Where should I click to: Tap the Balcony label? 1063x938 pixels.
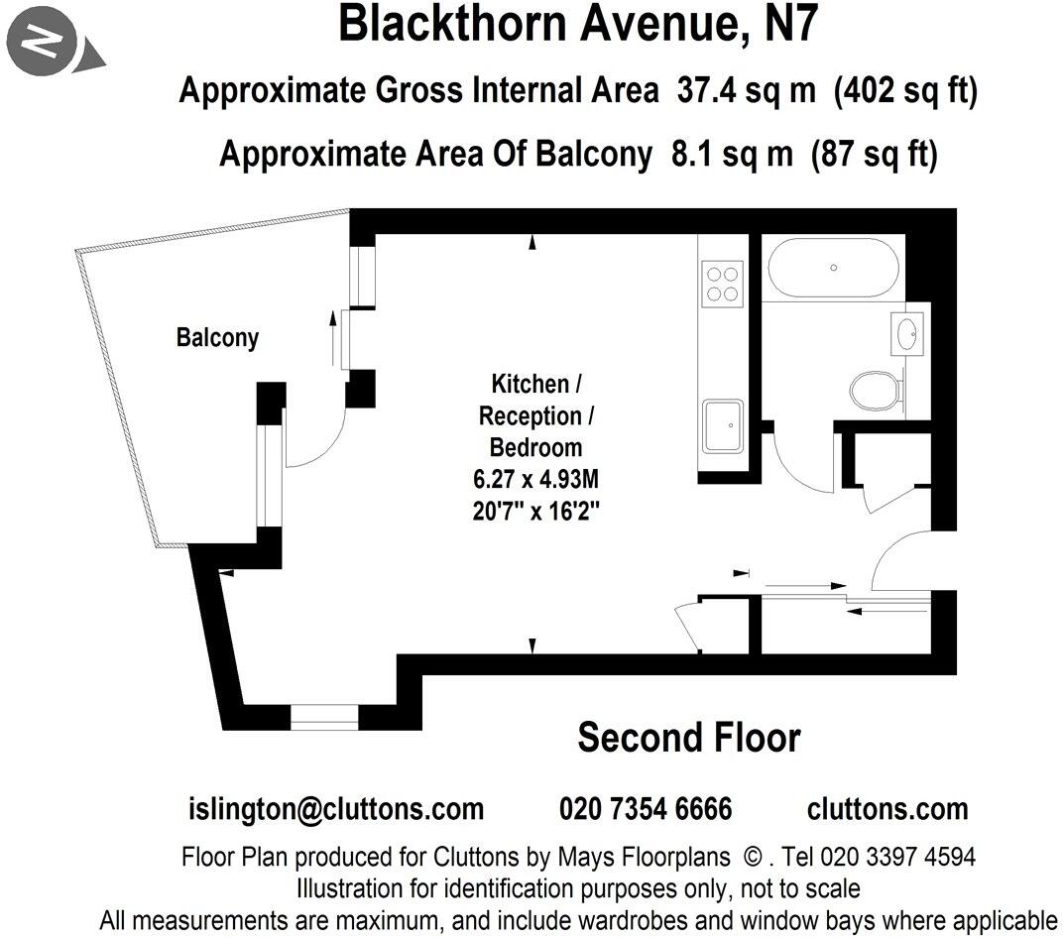point(217,337)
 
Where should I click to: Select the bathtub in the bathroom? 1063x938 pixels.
point(834,267)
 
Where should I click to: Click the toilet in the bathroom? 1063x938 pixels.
point(876,390)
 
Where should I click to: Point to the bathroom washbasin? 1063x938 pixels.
point(907,333)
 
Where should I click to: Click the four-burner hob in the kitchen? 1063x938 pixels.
point(721,281)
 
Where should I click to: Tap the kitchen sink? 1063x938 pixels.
point(723,426)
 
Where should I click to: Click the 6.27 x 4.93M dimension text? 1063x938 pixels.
point(535,481)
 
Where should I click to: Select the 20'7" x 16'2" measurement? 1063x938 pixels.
point(535,514)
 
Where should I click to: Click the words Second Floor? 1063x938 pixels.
point(688,738)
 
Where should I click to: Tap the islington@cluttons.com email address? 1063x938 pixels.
point(336,809)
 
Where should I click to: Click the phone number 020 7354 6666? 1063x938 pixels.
point(646,809)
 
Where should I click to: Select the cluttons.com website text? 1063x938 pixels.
point(886,809)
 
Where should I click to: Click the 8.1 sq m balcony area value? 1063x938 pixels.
point(723,155)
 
